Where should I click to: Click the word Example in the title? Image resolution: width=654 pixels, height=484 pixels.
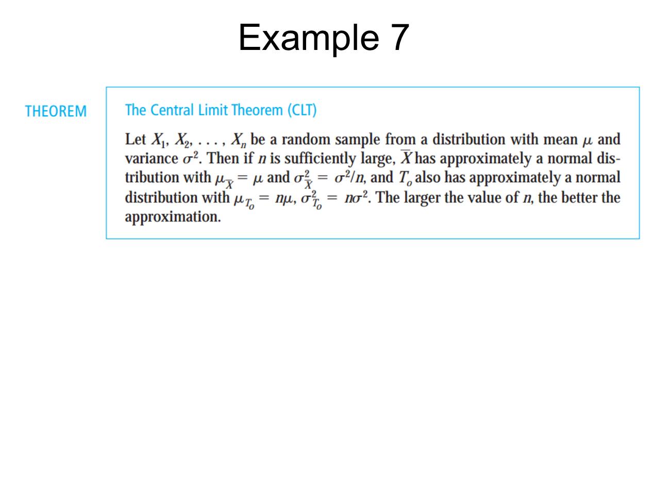click(304, 38)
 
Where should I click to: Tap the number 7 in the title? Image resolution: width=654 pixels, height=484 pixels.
click(399, 38)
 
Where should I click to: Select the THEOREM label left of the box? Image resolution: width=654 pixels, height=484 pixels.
click(56, 112)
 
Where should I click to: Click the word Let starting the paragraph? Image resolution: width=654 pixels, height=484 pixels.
click(135, 140)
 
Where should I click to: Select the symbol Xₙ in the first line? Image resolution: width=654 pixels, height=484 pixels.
click(239, 140)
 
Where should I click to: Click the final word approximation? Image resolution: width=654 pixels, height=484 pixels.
click(173, 217)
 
